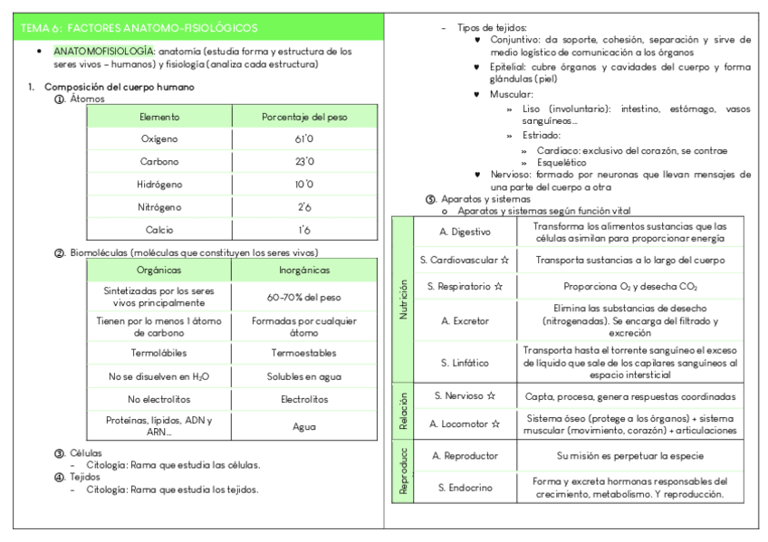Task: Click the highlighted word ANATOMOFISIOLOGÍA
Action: tap(103, 52)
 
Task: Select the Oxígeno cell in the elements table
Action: tap(159, 139)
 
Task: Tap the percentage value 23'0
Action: tap(303, 162)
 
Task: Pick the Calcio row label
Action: tap(159, 229)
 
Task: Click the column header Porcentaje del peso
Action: tap(303, 117)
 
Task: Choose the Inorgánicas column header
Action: tap(303, 270)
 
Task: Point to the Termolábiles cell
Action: tap(159, 352)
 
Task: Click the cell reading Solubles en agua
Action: tap(303, 376)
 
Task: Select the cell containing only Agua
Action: tap(303, 426)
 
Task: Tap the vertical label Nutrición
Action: tap(403, 300)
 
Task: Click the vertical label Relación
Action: tap(403, 409)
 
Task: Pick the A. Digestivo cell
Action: tap(465, 232)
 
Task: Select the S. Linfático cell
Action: tap(465, 362)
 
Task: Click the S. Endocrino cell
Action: tap(465, 487)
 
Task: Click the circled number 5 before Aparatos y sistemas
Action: tap(431, 198)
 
